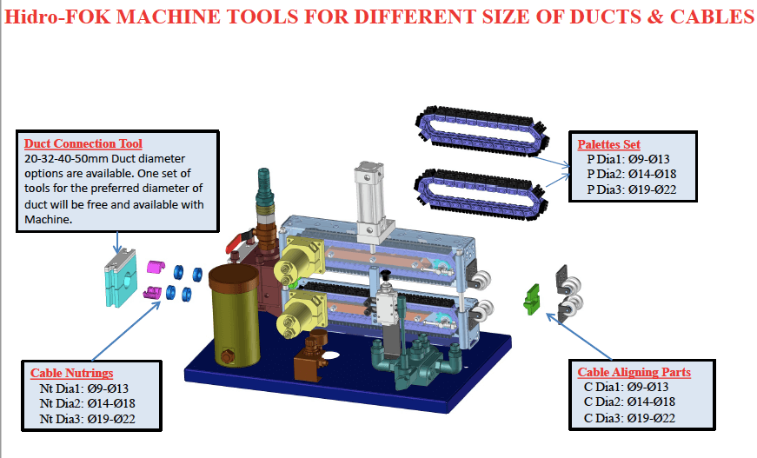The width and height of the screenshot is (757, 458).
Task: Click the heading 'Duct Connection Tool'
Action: (83, 143)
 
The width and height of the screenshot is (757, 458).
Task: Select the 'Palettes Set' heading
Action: (608, 144)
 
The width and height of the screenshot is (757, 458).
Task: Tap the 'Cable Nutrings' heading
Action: (71, 373)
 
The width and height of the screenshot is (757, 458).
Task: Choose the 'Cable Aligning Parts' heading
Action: (634, 372)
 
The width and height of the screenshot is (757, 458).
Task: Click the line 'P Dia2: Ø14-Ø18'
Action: (632, 174)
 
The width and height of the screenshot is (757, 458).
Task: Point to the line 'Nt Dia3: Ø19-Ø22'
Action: (88, 419)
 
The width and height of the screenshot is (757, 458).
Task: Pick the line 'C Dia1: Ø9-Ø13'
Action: (626, 387)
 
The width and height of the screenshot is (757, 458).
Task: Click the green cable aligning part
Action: (531, 299)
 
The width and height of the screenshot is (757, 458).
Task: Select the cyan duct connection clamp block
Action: (120, 277)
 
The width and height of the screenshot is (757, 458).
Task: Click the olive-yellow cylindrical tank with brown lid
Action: (235, 316)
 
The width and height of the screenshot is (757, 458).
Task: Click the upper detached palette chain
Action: (482, 130)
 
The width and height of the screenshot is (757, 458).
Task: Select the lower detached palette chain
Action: (481, 194)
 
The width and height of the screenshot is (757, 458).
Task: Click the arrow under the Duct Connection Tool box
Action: (116, 242)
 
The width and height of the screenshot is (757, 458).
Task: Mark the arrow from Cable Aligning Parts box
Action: (579, 337)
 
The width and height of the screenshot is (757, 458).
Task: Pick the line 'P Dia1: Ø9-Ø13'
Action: (628, 159)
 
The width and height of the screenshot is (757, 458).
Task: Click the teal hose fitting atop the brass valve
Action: (263, 187)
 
